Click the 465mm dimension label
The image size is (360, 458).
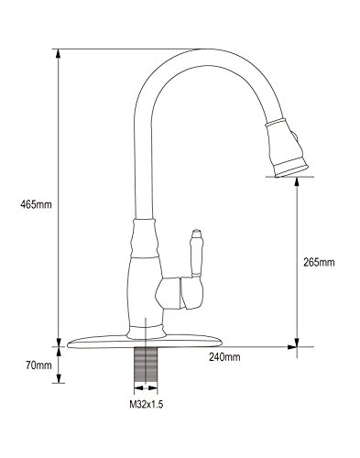click(x=36, y=204)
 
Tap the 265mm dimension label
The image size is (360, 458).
click(x=319, y=262)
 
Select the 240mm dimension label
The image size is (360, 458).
click(x=224, y=356)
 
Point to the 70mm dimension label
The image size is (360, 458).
click(x=38, y=365)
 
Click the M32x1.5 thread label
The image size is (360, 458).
click(x=147, y=405)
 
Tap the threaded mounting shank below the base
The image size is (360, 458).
click(x=146, y=365)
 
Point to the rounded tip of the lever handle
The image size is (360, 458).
click(x=195, y=232)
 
